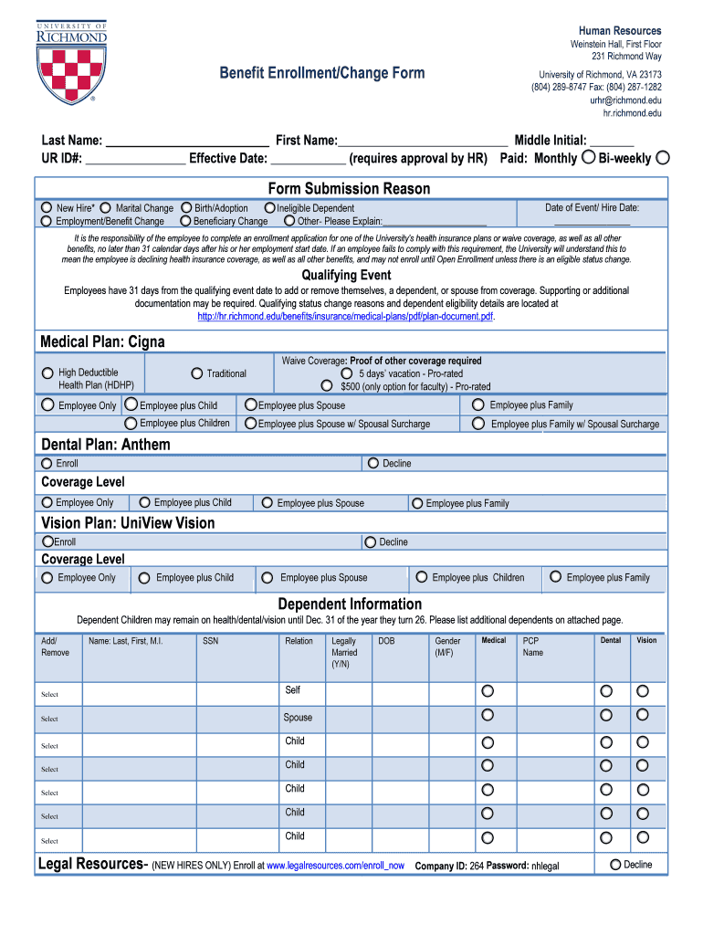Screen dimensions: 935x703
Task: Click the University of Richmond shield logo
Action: click(71, 62)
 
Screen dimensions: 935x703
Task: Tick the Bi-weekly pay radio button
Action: click(663, 157)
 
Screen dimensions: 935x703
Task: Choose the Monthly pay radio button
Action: click(588, 157)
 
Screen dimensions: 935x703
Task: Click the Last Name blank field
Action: click(187, 141)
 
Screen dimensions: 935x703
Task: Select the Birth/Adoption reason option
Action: click(186, 208)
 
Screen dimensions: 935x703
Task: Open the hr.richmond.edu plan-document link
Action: click(346, 316)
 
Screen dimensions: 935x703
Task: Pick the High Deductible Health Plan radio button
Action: click(47, 373)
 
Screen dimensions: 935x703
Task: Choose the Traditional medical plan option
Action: click(196, 373)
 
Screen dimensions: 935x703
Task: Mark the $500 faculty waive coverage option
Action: click(326, 386)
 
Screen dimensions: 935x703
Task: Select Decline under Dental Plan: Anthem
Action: click(372, 463)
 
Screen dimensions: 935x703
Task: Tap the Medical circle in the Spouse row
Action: click(488, 715)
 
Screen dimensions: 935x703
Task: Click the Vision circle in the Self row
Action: click(643, 690)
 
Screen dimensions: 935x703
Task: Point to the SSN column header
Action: click(210, 641)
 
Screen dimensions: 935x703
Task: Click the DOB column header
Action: click(386, 641)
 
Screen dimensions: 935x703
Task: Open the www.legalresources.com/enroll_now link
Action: click(335, 866)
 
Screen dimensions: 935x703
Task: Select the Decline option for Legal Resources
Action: click(615, 865)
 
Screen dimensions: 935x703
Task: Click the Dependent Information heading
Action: click(350, 604)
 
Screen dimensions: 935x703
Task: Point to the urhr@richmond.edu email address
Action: click(625, 100)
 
